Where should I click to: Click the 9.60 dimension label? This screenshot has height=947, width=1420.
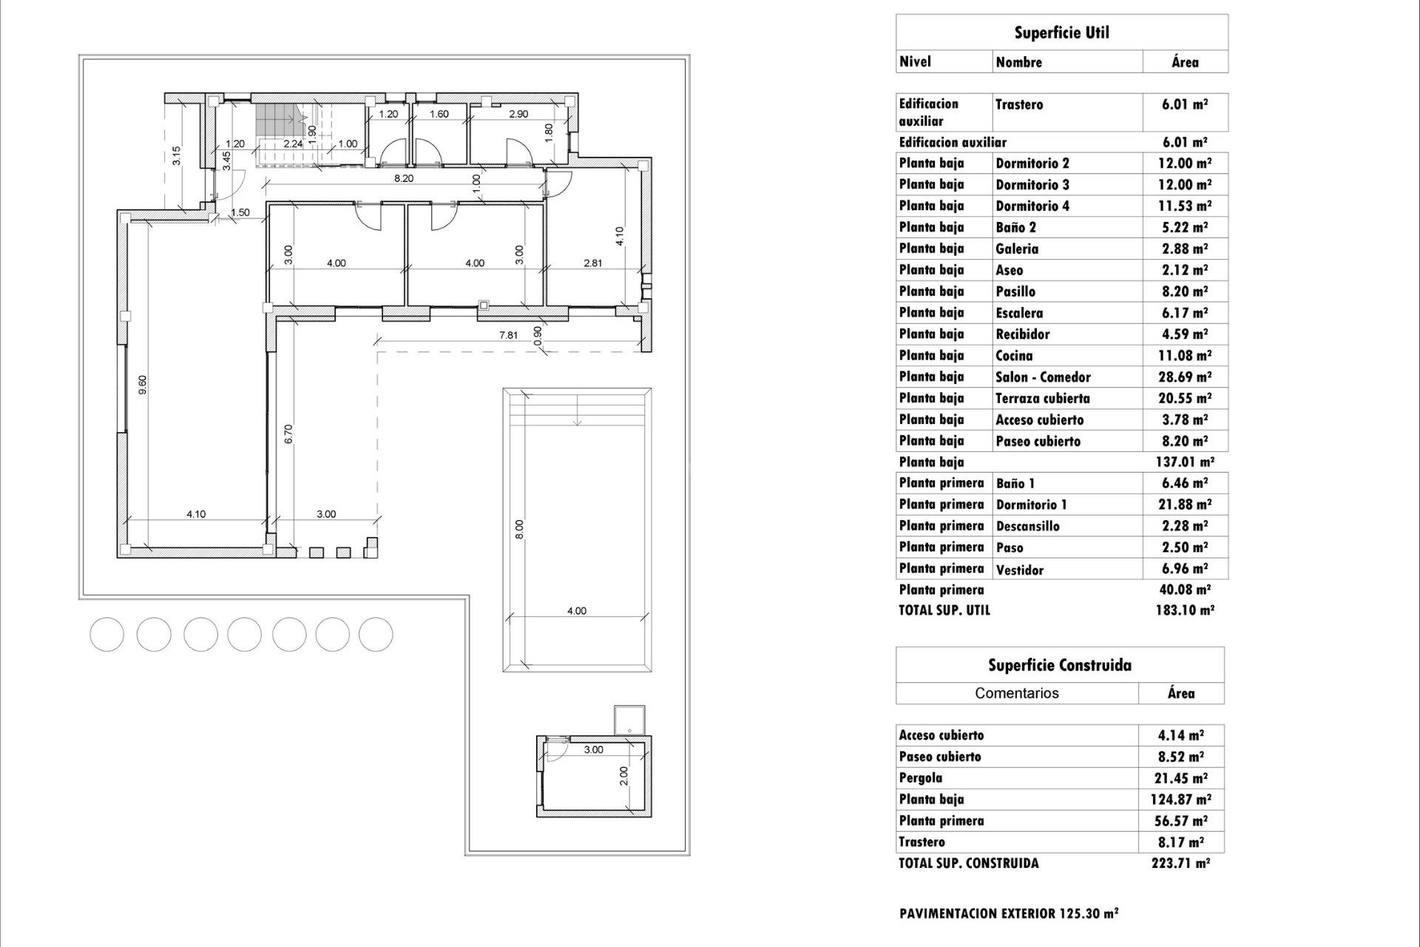pyautogui.click(x=143, y=384)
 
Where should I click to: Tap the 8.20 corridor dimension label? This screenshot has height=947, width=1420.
pyautogui.click(x=403, y=178)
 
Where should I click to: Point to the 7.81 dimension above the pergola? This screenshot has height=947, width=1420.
pyautogui.click(x=508, y=335)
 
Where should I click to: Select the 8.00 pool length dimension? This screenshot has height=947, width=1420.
pyautogui.click(x=519, y=529)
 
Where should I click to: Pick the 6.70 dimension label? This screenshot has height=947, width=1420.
pyautogui.click(x=289, y=434)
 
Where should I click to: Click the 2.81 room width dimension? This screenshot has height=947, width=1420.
pyautogui.click(x=592, y=263)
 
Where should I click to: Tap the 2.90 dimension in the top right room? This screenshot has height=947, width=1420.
pyautogui.click(x=518, y=114)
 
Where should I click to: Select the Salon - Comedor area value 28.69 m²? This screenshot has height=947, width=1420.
pyautogui.click(x=1184, y=377)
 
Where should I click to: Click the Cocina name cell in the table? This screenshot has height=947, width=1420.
pyautogui.click(x=1014, y=356)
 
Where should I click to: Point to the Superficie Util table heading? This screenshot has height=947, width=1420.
pyautogui.click(x=1061, y=33)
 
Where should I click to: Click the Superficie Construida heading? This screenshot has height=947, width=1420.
pyautogui.click(x=1059, y=665)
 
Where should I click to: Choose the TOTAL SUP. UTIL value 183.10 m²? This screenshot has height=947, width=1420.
pyautogui.click(x=1184, y=610)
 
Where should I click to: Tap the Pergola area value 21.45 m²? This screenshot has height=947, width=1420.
pyautogui.click(x=1181, y=778)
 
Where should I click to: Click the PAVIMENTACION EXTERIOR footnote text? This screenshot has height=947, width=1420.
pyautogui.click(x=1008, y=914)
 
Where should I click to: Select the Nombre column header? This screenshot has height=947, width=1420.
pyautogui.click(x=1018, y=62)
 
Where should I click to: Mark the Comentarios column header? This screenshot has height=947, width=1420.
pyautogui.click(x=1016, y=693)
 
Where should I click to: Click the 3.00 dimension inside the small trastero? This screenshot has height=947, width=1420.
pyautogui.click(x=593, y=749)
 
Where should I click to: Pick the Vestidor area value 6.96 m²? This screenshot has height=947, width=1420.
pyautogui.click(x=1184, y=569)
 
